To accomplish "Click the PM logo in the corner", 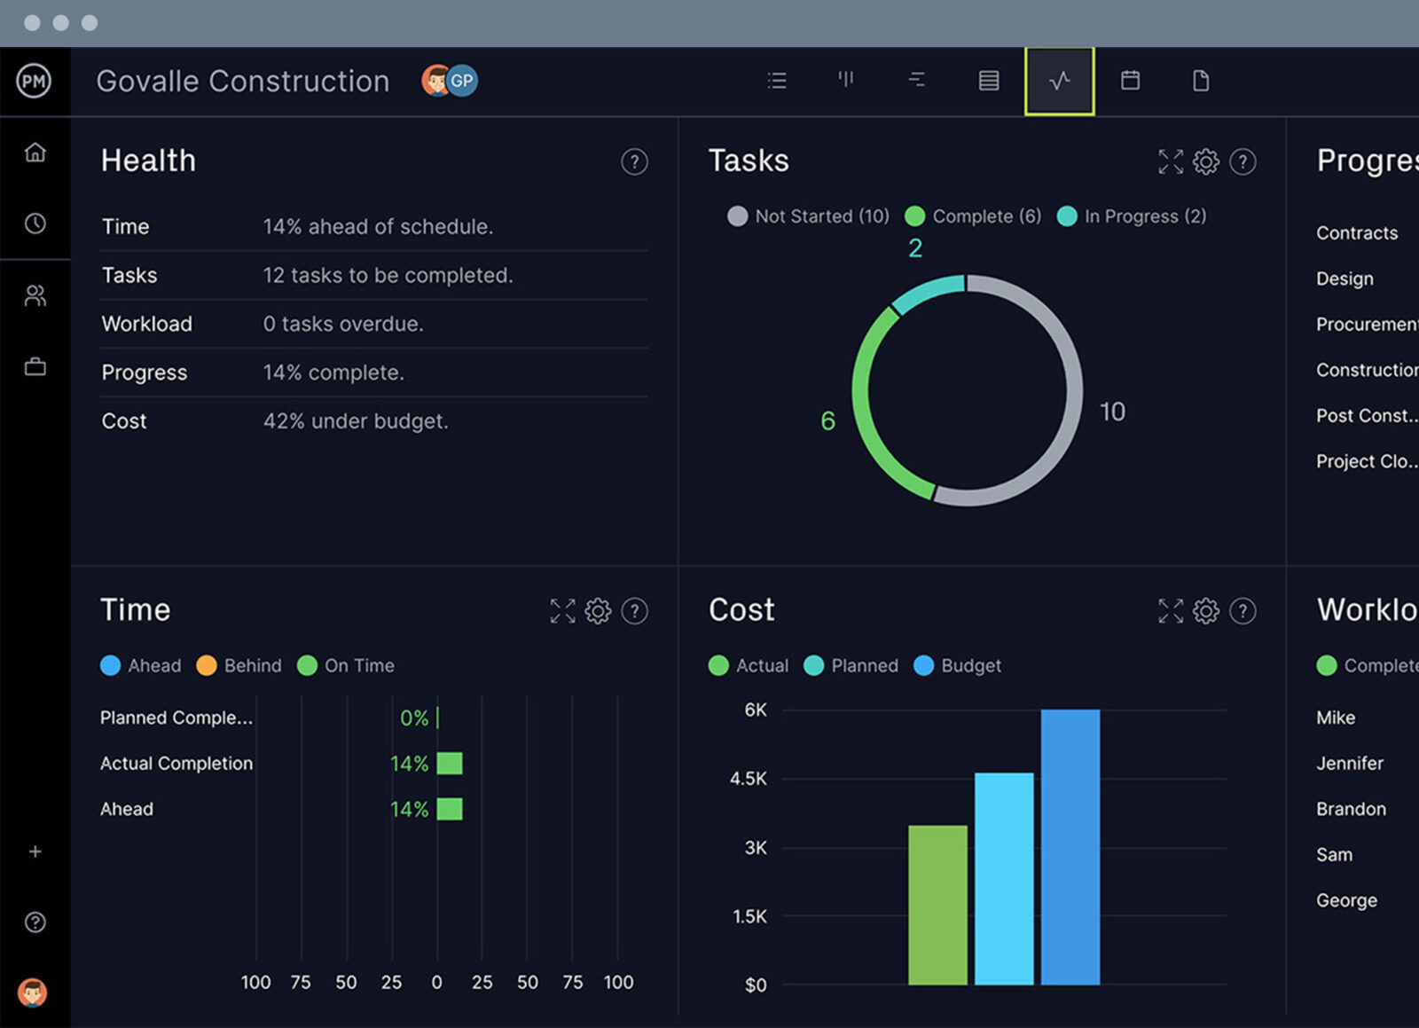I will pos(34,82).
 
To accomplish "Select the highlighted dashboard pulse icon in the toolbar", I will pos(1059,82).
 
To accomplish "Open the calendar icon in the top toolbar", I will pos(1130,81).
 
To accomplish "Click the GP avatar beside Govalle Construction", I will pos(462,81).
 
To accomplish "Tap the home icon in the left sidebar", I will pos(35,153).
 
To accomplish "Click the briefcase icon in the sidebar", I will pos(35,366).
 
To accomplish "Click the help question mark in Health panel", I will pos(634,161).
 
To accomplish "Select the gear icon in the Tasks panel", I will pos(1205,161).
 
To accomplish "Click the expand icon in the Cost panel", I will pos(1170,611).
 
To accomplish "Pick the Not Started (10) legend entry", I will pos(809,216).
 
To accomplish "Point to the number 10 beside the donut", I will pos(1112,412).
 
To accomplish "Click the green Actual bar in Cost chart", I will pos(937,905).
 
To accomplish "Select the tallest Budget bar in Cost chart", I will pos(1070,847).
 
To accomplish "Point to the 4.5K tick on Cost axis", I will pos(748,779).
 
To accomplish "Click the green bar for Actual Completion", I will pos(450,764).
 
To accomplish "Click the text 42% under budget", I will pos(356,421).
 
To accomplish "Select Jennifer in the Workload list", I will pos(1349,764).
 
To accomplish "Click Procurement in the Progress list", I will pos(1366,325).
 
